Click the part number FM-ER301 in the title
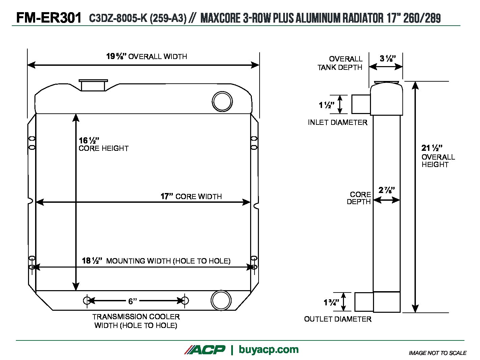49,18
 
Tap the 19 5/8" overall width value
116,56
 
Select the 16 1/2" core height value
89,140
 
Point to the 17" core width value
167,196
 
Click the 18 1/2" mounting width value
92,261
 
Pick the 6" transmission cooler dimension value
133,301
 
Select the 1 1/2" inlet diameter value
326,105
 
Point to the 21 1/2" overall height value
432,148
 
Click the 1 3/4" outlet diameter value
331,302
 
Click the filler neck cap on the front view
93,85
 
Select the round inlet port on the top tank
222,101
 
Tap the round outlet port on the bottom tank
221,300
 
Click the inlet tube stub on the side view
361,104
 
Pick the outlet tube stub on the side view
364,302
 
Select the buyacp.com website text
268,350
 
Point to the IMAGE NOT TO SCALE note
437,353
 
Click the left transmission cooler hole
86,300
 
